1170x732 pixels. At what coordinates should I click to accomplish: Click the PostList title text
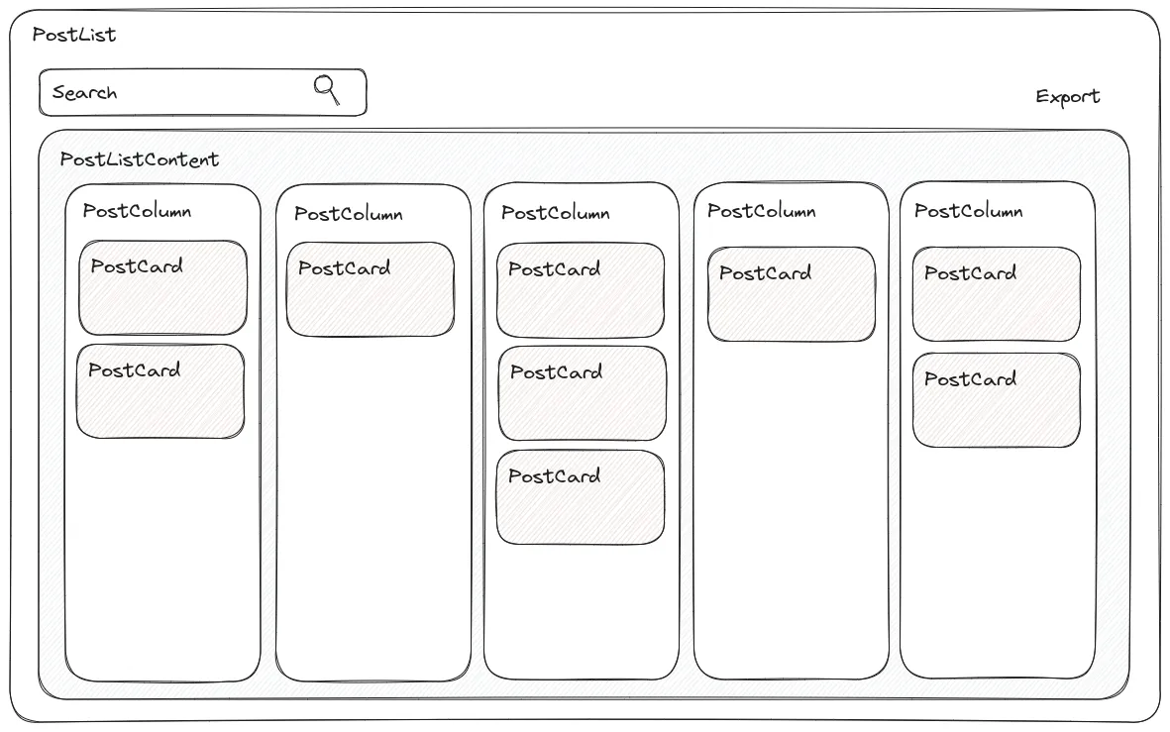point(74,35)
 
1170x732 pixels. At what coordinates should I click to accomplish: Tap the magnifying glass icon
point(327,89)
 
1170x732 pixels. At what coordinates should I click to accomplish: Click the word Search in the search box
point(85,93)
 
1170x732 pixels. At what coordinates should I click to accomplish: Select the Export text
point(1068,97)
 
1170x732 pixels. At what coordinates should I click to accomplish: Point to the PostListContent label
point(140,159)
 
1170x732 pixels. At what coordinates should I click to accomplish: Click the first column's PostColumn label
point(137,211)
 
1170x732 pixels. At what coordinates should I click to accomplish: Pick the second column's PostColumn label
point(348,214)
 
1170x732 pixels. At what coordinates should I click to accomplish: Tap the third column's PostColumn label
point(555,213)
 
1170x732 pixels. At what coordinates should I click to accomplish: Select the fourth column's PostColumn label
point(762,211)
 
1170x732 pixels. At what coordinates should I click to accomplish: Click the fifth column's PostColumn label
point(968,211)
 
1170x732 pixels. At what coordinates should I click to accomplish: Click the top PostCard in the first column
point(163,288)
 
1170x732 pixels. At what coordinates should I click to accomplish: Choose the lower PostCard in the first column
point(160,391)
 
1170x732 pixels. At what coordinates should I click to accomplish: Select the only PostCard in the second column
point(371,289)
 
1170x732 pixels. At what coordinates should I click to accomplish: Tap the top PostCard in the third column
point(581,290)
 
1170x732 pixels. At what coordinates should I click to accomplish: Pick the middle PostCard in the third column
point(583,393)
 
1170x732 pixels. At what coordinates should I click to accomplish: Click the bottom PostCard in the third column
point(581,497)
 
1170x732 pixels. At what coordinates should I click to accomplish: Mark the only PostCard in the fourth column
point(792,294)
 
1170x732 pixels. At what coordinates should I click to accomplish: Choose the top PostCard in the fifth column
point(997,294)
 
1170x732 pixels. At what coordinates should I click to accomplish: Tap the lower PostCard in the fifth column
point(997,400)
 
